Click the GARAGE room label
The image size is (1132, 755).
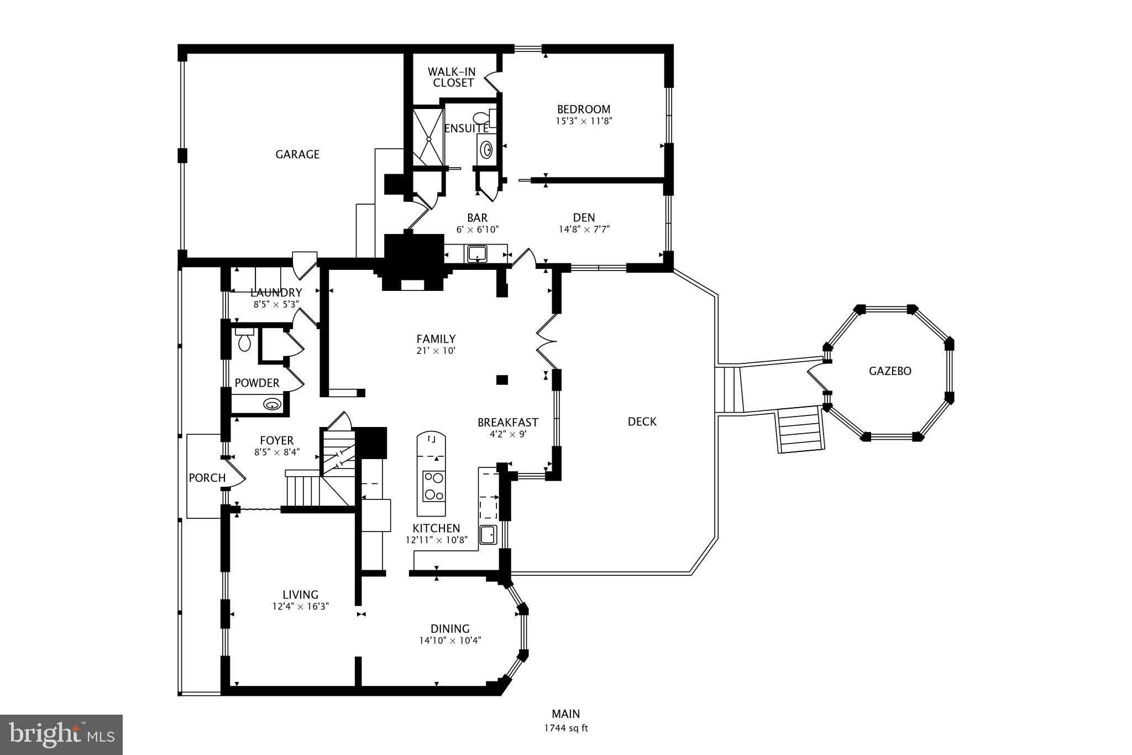297,154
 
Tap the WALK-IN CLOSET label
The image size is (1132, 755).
452,77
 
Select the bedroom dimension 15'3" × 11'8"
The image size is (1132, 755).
584,121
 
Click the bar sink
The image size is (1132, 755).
477,254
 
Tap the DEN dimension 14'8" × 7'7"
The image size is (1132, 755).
584,229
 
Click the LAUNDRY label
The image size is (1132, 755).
276,293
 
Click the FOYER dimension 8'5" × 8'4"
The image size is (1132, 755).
276,452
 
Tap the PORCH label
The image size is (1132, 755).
207,478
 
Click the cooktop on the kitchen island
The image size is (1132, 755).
434,486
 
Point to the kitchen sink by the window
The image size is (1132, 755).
488,534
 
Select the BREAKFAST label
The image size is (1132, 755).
507,423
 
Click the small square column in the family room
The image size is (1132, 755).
502,379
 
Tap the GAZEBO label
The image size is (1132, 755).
890,371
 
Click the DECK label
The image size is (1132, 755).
642,421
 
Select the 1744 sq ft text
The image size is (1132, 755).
565,728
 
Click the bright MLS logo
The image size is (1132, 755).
61,734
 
